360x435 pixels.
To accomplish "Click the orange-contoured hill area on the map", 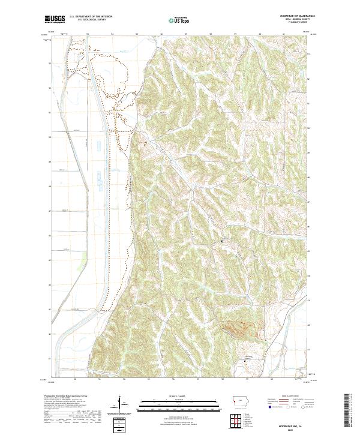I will (240, 328).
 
